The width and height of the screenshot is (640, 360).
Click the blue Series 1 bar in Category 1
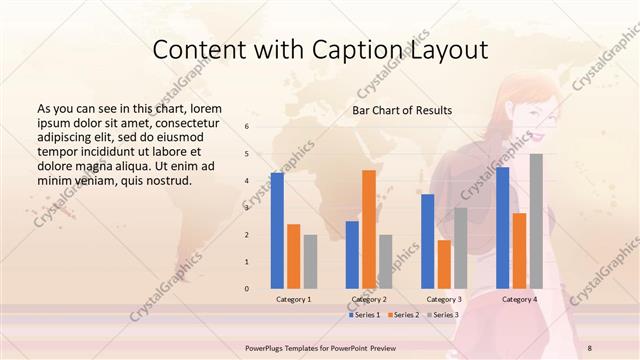pyautogui.click(x=277, y=231)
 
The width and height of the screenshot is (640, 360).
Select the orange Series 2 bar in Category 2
pyautogui.click(x=369, y=229)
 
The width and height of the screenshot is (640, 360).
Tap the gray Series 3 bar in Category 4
pyautogui.click(x=536, y=221)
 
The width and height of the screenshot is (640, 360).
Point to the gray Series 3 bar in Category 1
pyautogui.click(x=310, y=262)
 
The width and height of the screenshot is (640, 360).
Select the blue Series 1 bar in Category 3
pyautogui.click(x=427, y=241)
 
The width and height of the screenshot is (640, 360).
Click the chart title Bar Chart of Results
pyautogui.click(x=402, y=110)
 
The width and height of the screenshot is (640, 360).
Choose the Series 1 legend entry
pyautogui.click(x=365, y=315)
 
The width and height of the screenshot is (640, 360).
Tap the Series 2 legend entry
pyautogui.click(x=403, y=315)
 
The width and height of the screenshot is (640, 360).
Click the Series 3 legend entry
pyautogui.click(x=441, y=315)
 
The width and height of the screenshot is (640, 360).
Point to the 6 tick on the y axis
pyautogui.click(x=247, y=127)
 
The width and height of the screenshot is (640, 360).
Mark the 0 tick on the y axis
pyautogui.click(x=247, y=289)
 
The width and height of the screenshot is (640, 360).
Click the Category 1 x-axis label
pyautogui.click(x=293, y=299)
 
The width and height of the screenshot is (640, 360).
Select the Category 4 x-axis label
pyautogui.click(x=519, y=299)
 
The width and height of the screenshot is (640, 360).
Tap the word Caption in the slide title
pyautogui.click(x=370, y=50)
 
